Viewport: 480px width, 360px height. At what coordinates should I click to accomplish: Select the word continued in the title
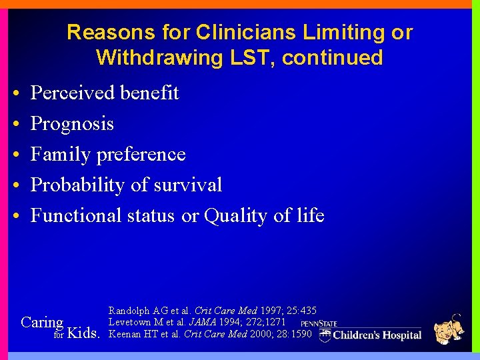(x=332, y=58)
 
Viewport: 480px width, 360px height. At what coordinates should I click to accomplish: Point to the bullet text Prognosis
(x=72, y=124)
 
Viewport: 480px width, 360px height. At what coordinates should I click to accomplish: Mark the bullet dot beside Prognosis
(x=15, y=124)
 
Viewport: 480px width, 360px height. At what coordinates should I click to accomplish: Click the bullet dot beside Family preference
(x=15, y=155)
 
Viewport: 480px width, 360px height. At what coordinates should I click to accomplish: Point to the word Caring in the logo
(x=42, y=322)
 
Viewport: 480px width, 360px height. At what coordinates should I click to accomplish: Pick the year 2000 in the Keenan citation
(x=262, y=333)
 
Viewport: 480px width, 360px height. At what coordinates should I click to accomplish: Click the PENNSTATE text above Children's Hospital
(x=319, y=323)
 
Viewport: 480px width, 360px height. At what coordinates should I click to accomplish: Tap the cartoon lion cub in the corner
(x=448, y=329)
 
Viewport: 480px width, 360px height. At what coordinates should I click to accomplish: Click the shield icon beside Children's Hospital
(x=325, y=335)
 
